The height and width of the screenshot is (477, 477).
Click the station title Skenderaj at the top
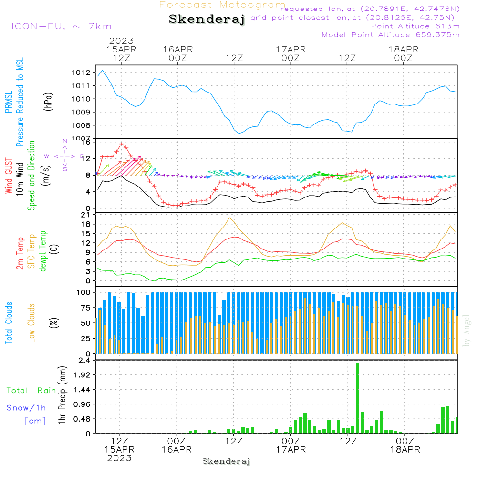(x=207, y=20)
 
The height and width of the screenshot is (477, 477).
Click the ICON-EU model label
(x=61, y=26)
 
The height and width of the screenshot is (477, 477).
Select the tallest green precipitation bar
(x=357, y=398)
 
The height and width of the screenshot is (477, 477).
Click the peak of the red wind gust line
(x=121, y=144)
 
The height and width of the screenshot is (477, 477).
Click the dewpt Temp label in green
(x=43, y=251)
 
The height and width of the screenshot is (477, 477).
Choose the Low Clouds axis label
(x=31, y=322)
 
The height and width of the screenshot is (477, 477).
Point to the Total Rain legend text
(x=31, y=391)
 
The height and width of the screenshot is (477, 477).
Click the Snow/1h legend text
(x=27, y=408)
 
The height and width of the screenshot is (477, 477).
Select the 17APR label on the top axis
(x=290, y=49)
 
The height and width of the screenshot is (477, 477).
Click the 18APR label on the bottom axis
(x=404, y=449)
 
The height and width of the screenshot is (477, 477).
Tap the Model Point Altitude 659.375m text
(x=391, y=34)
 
